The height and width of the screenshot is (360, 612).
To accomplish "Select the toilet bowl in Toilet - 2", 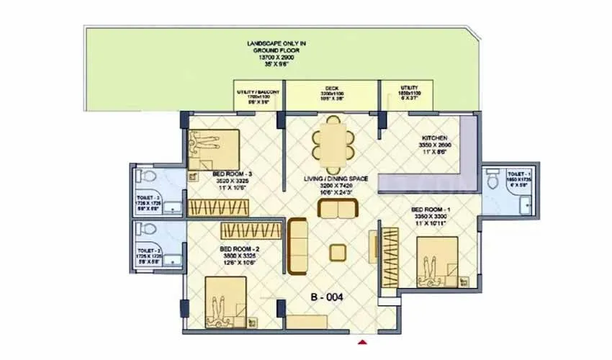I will click(146, 230).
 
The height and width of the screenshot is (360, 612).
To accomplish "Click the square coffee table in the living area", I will click(337, 253).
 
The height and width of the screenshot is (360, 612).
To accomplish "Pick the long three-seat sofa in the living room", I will click(298, 246).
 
